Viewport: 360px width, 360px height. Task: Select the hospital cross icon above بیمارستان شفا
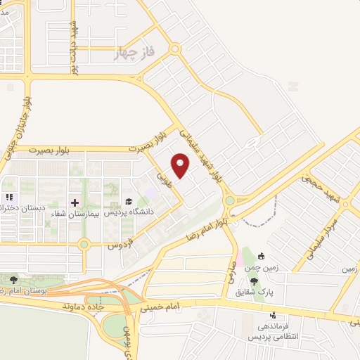point(75,202)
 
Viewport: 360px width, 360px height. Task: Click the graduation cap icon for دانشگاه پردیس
point(129,202)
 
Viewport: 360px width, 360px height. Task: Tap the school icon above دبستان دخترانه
point(9,198)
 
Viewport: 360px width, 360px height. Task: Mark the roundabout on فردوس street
point(84,245)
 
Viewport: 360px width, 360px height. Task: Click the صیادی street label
point(230,269)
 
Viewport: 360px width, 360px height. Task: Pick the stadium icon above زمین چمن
point(262,257)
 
